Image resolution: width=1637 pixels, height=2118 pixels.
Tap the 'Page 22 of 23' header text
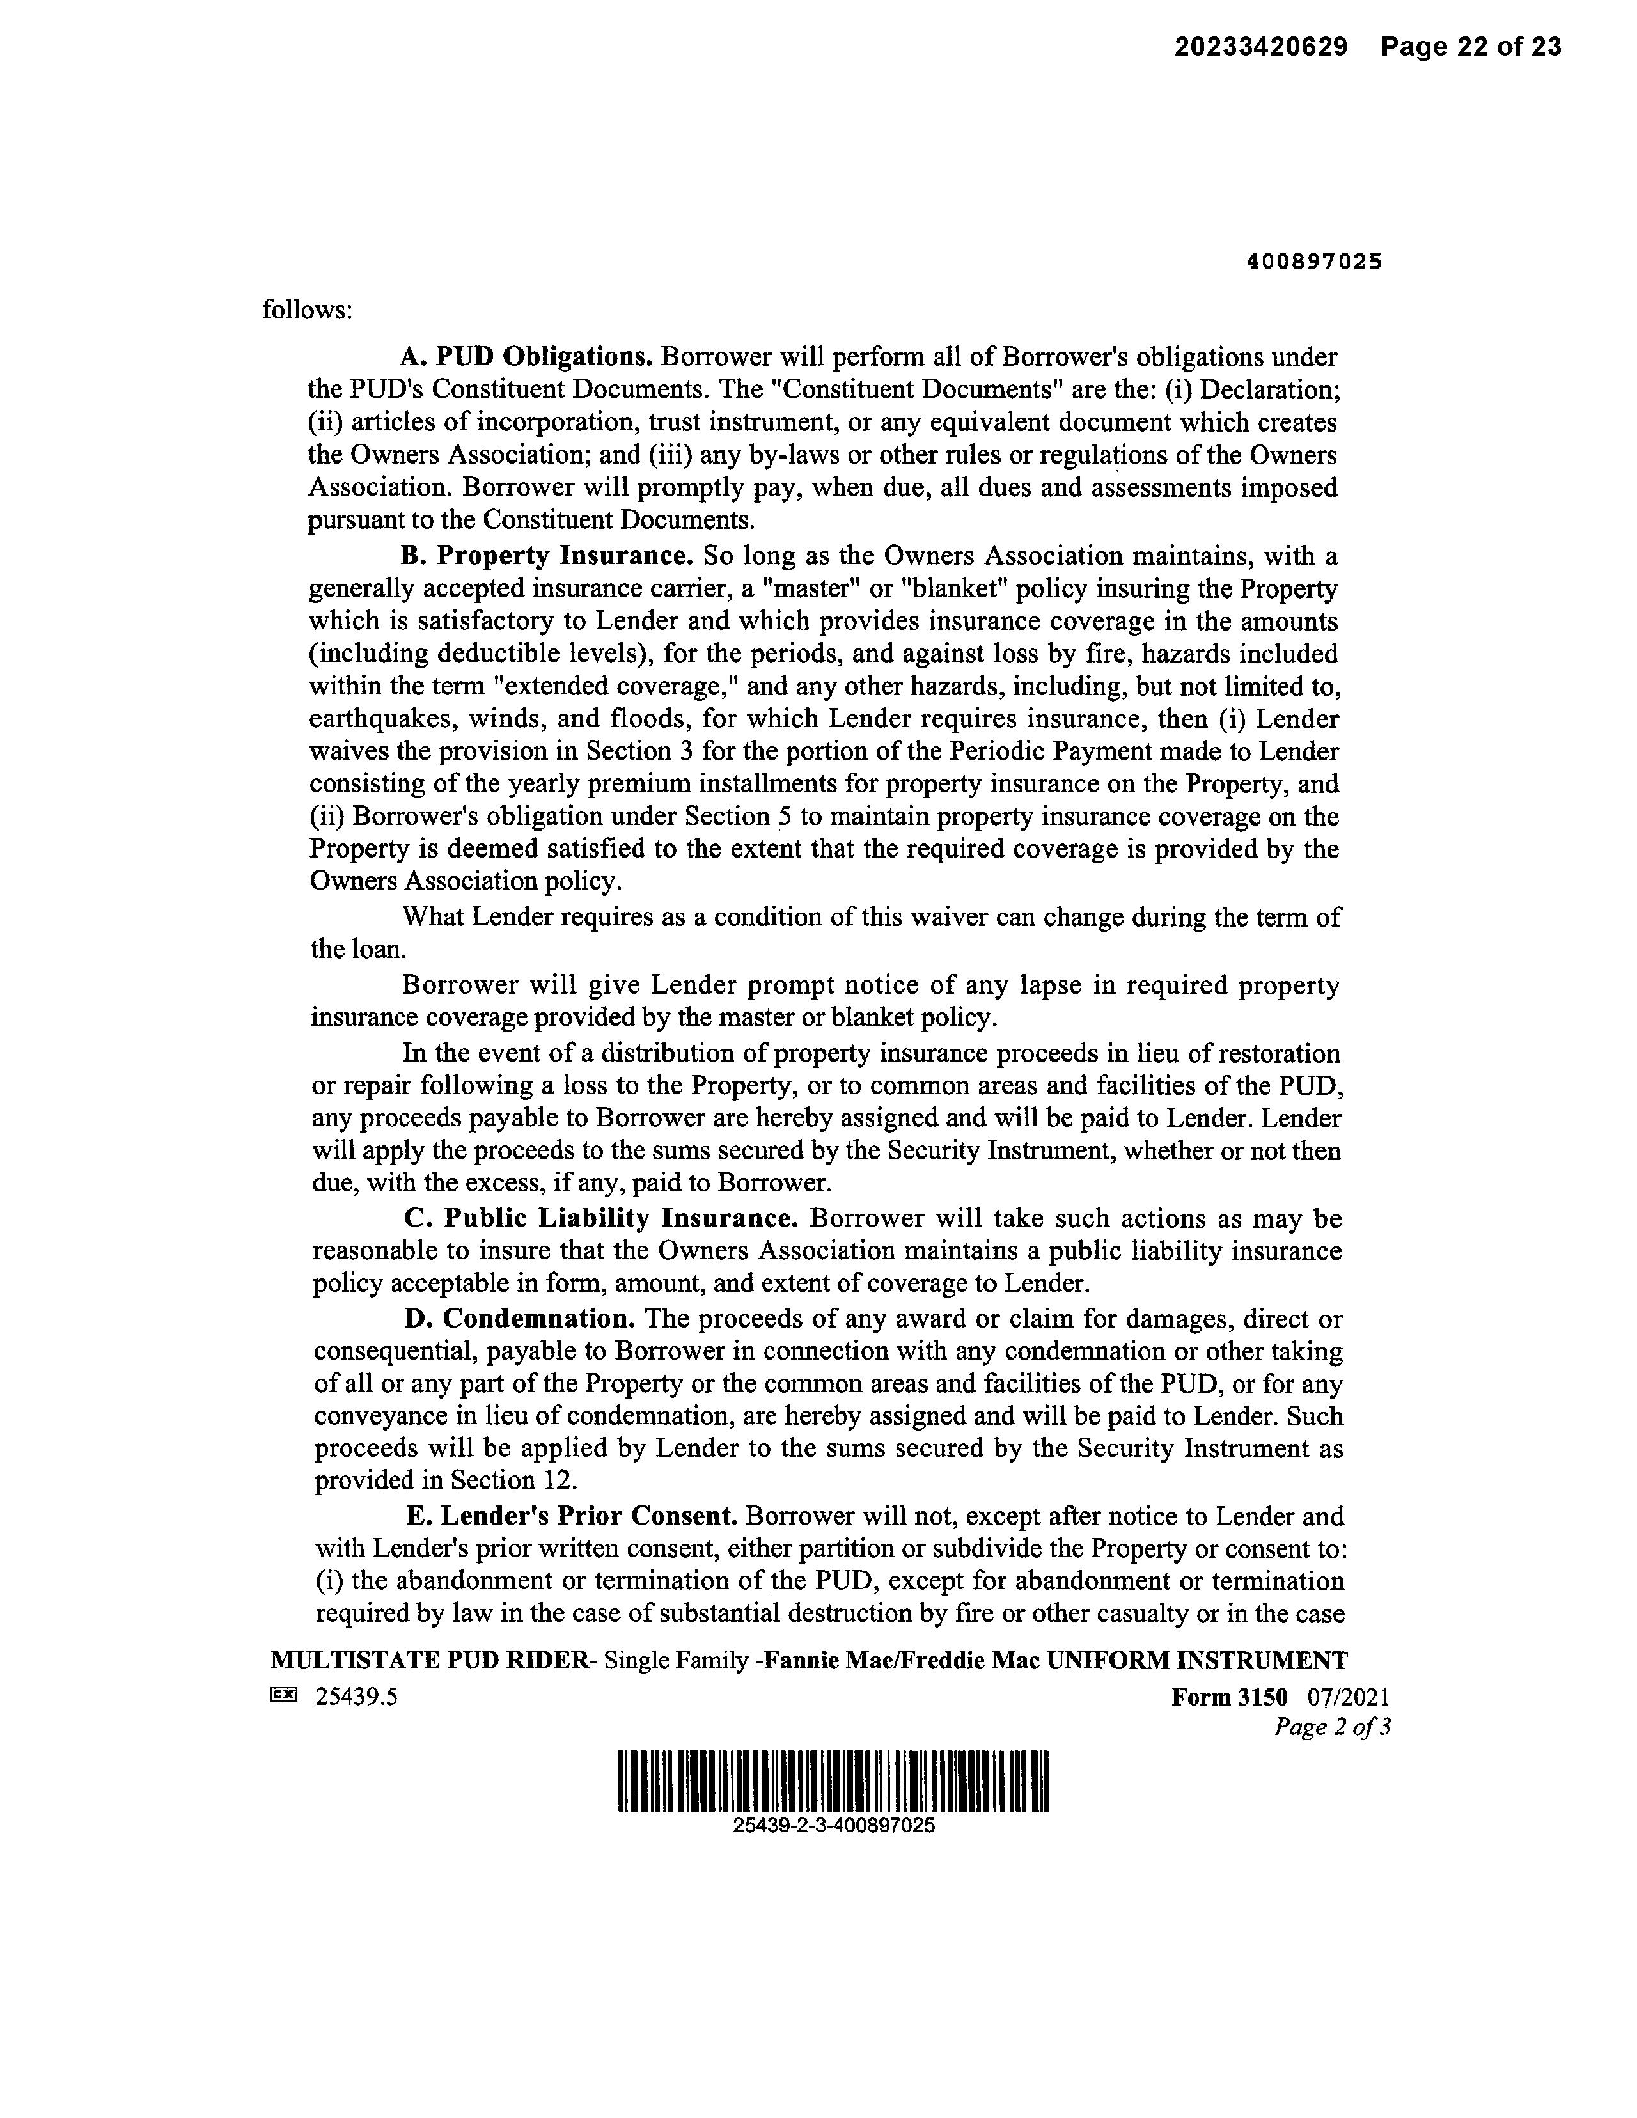click(x=1471, y=47)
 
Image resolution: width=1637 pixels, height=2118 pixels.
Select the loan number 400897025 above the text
click(x=1314, y=262)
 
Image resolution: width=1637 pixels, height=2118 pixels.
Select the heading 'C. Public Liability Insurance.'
click(x=601, y=1219)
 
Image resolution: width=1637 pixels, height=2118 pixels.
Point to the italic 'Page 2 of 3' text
click(x=1331, y=1727)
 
